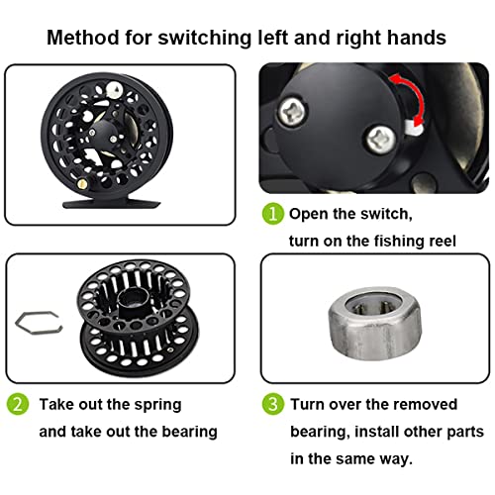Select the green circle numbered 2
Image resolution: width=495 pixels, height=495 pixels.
[x=20, y=405]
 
